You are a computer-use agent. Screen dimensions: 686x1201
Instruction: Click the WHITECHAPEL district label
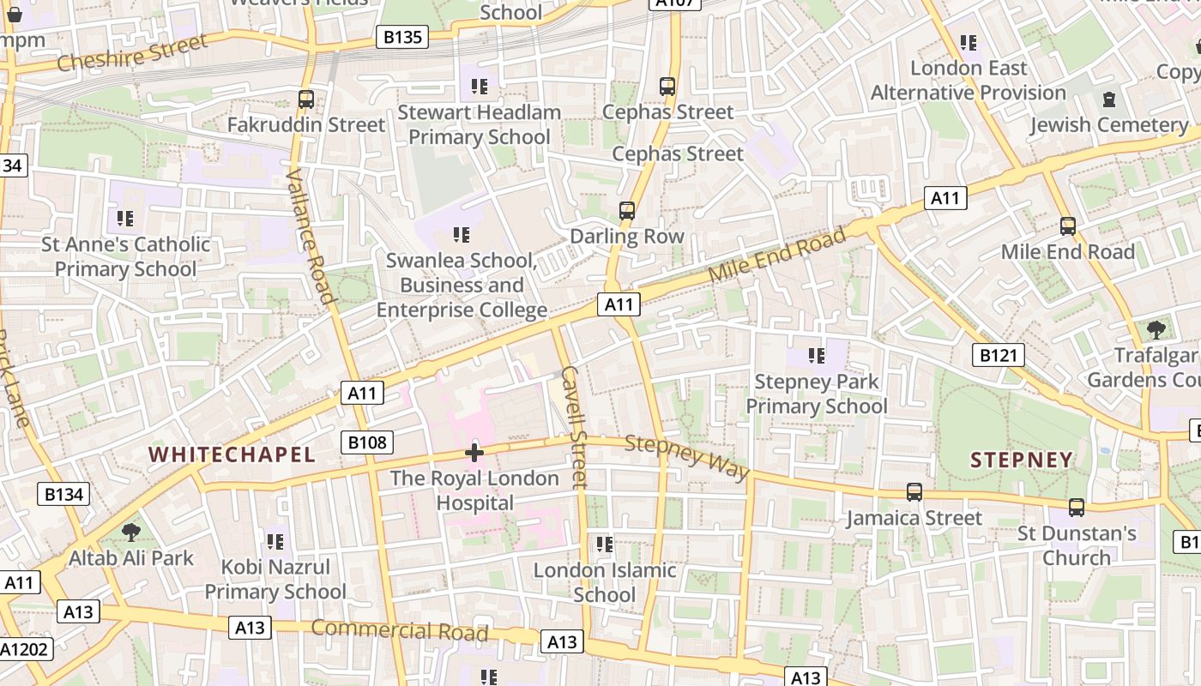(232, 454)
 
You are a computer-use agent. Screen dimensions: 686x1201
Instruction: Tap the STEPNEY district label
(1022, 460)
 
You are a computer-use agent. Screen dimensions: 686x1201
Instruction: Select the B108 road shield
(368, 442)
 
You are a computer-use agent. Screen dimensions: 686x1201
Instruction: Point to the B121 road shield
(999, 355)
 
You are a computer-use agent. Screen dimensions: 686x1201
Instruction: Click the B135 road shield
(401, 37)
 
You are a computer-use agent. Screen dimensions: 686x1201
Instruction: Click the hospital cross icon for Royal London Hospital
(474, 452)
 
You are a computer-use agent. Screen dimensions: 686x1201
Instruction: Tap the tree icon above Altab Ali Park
(131, 533)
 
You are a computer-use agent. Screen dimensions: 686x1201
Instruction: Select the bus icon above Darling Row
(627, 211)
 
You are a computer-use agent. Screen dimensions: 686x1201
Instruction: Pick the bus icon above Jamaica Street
(914, 492)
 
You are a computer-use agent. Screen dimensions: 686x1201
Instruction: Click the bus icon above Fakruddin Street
(306, 99)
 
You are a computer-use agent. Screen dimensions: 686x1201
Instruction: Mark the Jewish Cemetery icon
(1109, 99)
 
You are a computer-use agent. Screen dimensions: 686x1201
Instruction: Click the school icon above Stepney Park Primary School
(816, 355)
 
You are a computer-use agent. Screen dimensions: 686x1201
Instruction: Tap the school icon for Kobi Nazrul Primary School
(275, 541)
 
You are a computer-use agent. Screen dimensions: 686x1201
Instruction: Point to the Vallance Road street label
(310, 236)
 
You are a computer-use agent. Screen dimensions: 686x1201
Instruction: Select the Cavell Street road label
(573, 427)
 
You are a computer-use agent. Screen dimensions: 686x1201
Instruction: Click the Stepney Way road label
(687, 457)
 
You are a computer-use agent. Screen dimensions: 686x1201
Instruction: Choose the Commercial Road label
(399, 630)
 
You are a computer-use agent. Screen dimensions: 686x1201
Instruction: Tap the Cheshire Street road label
(132, 52)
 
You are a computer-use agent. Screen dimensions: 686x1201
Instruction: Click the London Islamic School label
(605, 582)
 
